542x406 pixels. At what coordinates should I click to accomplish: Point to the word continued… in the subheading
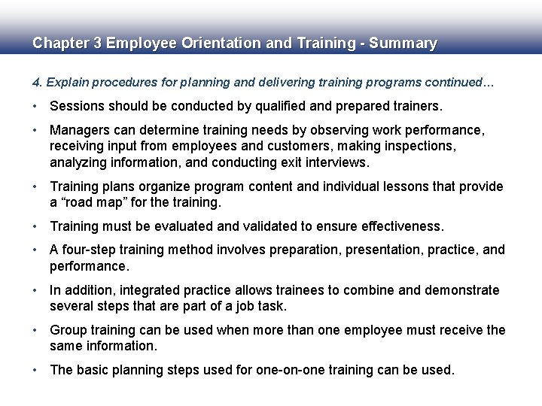coord(460,82)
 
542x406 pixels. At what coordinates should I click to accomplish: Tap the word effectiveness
coord(403,226)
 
